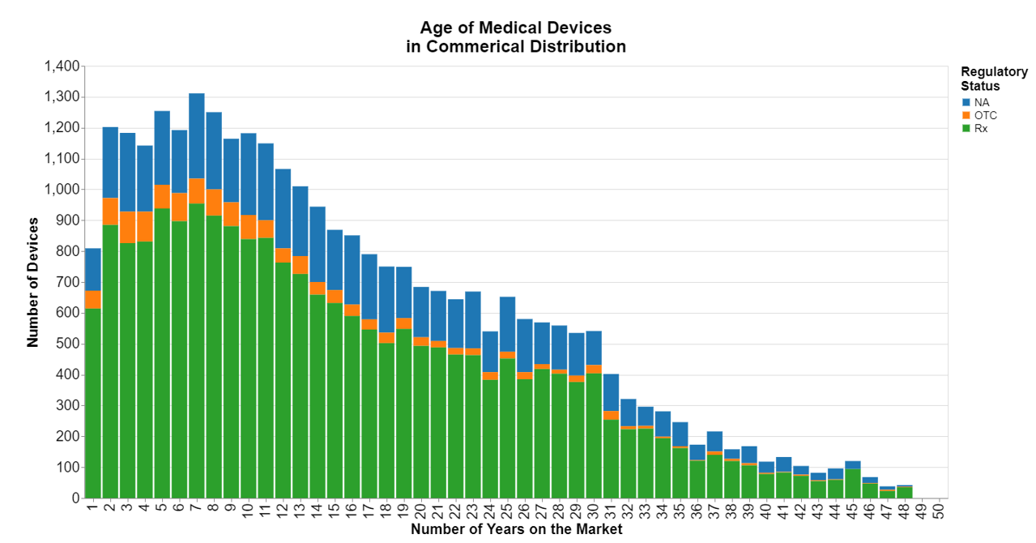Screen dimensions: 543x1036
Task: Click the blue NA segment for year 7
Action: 197,135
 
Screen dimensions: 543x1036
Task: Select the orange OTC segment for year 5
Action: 162,196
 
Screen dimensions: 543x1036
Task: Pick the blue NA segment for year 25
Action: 508,324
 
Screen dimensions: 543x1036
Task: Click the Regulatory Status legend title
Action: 994,79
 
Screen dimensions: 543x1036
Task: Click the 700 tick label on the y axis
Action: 68,282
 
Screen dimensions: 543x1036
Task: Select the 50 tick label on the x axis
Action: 939,511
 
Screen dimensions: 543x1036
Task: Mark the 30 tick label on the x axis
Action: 594,511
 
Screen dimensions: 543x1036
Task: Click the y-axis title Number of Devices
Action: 33,282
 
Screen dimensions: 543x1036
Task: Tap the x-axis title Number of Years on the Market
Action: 516,529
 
